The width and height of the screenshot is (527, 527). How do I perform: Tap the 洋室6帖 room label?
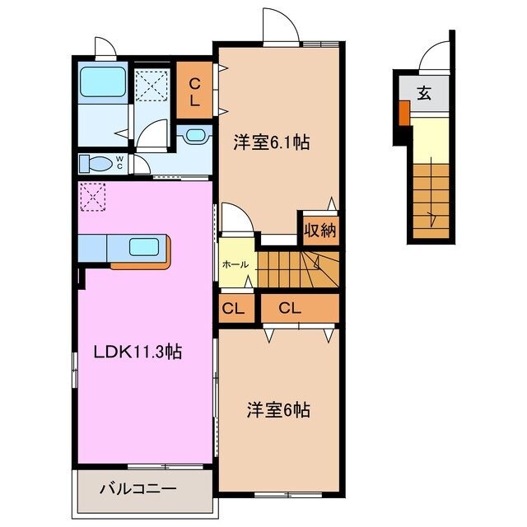[278, 409]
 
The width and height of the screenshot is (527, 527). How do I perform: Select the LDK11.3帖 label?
[138, 352]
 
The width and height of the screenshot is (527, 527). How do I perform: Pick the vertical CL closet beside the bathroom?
[195, 92]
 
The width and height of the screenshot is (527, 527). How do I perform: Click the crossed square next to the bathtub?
[151, 85]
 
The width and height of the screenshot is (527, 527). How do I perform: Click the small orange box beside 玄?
[404, 112]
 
